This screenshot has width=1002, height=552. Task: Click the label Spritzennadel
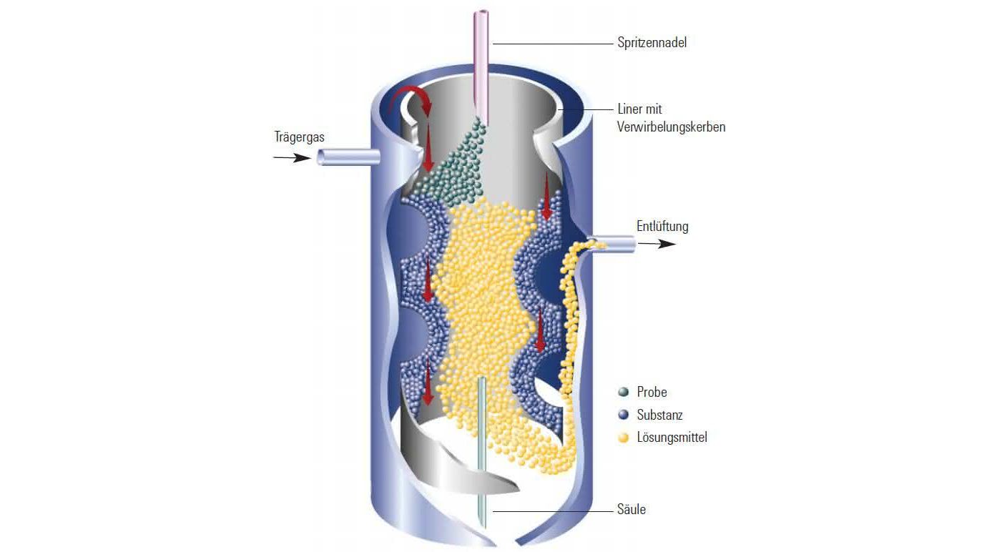pyautogui.click(x=652, y=43)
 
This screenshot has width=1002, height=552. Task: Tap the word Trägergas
pyautogui.click(x=299, y=137)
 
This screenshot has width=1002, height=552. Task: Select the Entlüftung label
pyautogui.click(x=662, y=227)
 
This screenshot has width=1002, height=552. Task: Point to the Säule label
pyautogui.click(x=632, y=509)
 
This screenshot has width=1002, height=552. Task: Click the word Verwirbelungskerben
pyautogui.click(x=671, y=127)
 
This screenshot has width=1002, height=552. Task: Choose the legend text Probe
pyautogui.click(x=652, y=393)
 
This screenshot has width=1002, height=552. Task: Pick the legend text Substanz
pyautogui.click(x=660, y=415)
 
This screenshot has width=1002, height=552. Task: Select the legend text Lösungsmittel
pyautogui.click(x=672, y=438)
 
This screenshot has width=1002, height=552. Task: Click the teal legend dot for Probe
pyautogui.click(x=623, y=393)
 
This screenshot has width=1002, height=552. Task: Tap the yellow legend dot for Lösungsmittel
pyautogui.click(x=623, y=438)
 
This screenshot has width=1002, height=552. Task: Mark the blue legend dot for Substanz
pyautogui.click(x=623, y=415)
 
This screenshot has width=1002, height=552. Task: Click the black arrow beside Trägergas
pyautogui.click(x=292, y=157)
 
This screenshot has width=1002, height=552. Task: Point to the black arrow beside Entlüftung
pyautogui.click(x=657, y=244)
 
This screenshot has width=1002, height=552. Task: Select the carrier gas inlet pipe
pyautogui.click(x=348, y=157)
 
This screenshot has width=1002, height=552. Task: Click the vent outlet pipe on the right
pyautogui.click(x=611, y=244)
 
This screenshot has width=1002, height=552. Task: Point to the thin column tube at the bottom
pyautogui.click(x=482, y=452)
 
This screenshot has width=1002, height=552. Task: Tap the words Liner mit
pyautogui.click(x=639, y=109)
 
